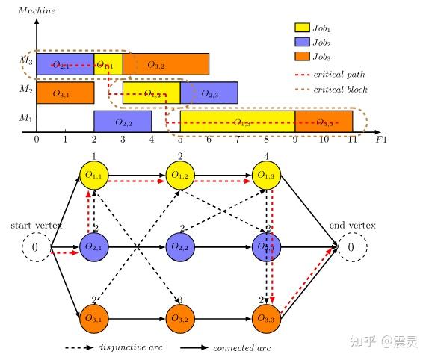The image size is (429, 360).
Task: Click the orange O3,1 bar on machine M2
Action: (x=65, y=93)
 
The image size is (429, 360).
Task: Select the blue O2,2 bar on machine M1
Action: (x=123, y=121)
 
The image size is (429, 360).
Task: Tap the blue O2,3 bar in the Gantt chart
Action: (x=209, y=93)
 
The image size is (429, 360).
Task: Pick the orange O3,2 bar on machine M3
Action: (x=165, y=65)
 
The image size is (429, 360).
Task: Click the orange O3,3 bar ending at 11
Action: (x=324, y=121)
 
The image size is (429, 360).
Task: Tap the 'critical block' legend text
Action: (x=342, y=90)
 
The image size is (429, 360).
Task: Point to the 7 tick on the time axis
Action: (x=238, y=140)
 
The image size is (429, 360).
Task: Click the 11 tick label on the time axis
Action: (x=352, y=140)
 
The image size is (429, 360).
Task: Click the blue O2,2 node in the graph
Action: (x=179, y=246)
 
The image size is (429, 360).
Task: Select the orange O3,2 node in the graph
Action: (x=179, y=319)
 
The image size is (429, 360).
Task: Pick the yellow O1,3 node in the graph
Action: (x=266, y=176)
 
